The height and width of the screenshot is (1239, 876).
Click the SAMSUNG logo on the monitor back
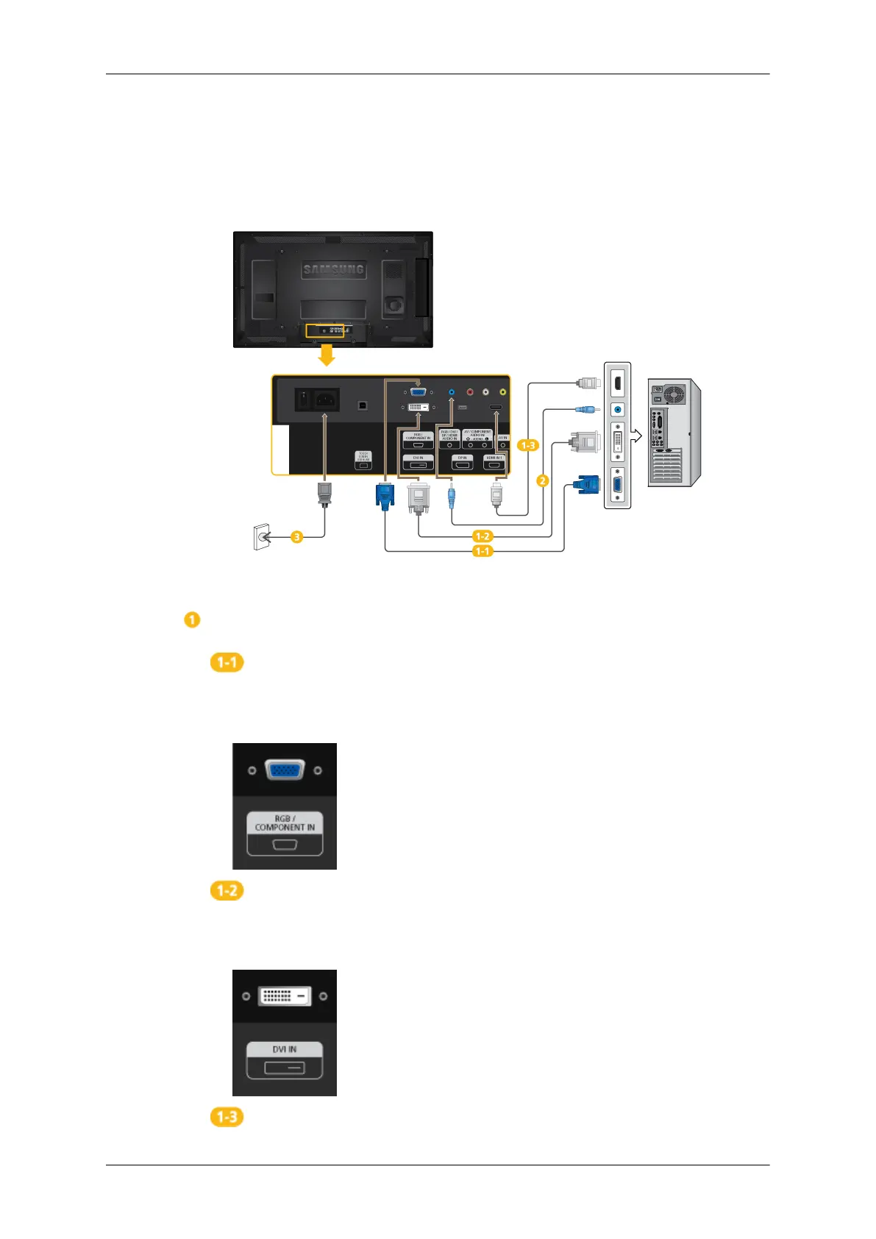click(334, 270)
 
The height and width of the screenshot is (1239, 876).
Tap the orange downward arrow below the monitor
click(326, 356)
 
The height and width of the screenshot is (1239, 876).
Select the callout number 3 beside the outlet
click(296, 537)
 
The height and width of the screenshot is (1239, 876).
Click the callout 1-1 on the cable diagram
click(482, 550)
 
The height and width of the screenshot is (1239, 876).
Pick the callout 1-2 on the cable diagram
click(482, 536)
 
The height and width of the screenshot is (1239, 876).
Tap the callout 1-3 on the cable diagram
click(528, 445)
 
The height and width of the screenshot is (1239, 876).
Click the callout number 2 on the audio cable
click(542, 480)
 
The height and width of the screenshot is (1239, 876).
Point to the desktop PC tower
click(674, 433)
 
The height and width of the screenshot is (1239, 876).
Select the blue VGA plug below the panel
click(385, 494)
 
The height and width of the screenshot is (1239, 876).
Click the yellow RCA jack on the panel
click(502, 392)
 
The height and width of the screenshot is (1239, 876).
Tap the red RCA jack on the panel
click(469, 392)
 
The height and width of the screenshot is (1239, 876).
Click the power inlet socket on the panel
click(325, 400)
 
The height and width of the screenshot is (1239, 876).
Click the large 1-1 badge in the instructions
click(227, 662)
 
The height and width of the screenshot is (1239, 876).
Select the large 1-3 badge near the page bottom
click(227, 1117)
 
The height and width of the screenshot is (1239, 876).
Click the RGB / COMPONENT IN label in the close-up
click(285, 823)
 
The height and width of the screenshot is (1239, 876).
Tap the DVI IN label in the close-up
click(285, 1049)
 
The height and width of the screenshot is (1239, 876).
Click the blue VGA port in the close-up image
click(285, 770)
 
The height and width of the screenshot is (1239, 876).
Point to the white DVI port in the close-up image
click(285, 996)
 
